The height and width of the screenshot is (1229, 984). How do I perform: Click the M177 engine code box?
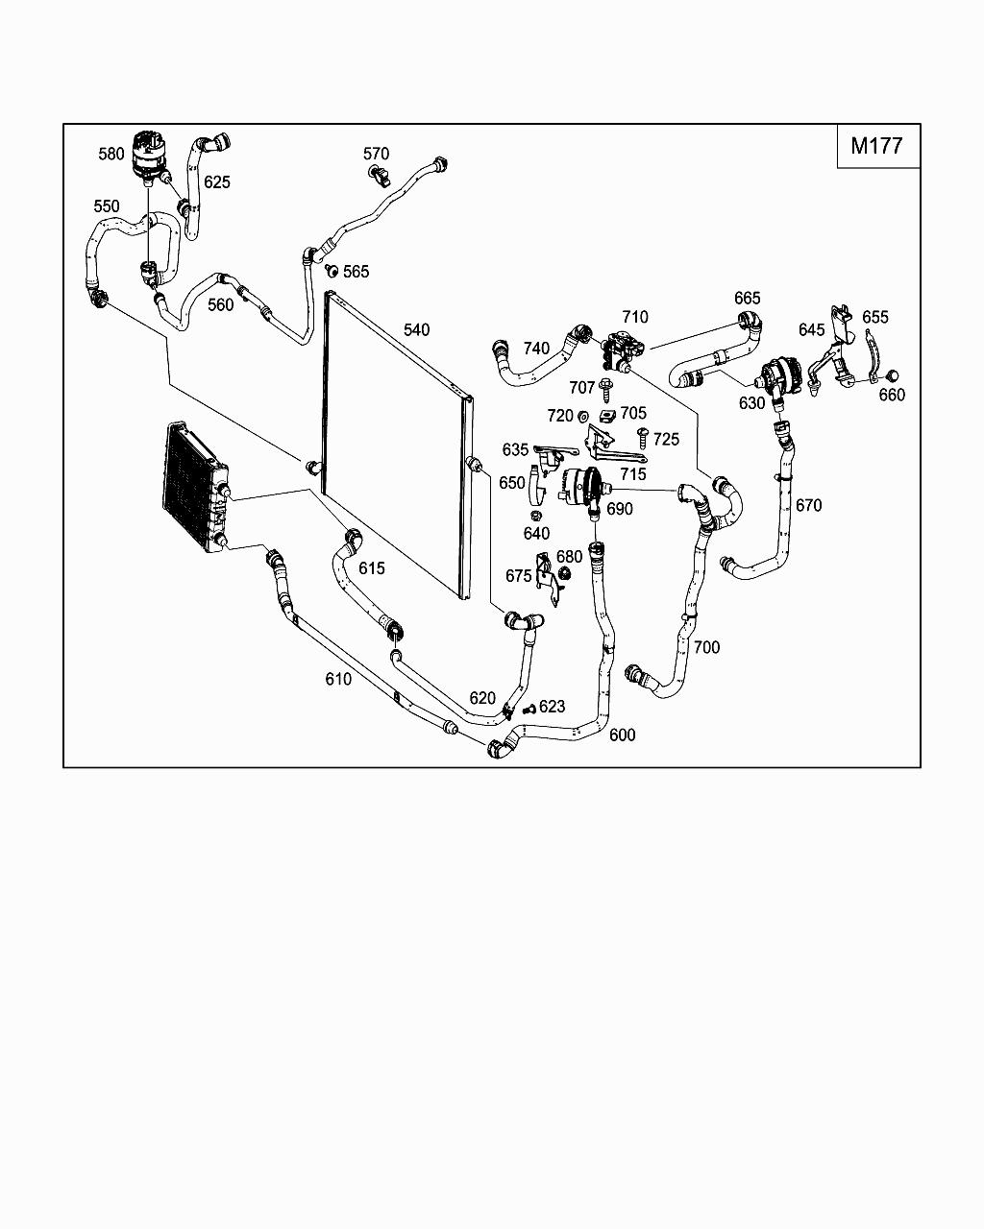(x=877, y=146)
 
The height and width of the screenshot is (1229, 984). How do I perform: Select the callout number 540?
(x=416, y=330)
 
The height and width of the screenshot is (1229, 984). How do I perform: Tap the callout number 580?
(x=111, y=154)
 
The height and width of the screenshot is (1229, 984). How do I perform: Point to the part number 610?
(x=338, y=679)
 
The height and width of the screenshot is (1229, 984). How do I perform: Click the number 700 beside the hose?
(x=706, y=647)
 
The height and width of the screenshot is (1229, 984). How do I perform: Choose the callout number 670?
(x=809, y=505)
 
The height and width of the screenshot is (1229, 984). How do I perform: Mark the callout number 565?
(x=356, y=272)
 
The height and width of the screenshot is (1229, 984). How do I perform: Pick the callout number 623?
(x=552, y=707)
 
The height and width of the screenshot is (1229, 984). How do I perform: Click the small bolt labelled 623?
(x=528, y=710)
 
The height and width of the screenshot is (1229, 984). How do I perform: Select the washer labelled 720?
(x=582, y=416)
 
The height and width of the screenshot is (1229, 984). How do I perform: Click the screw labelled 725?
(x=643, y=437)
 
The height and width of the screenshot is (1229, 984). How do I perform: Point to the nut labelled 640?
(x=536, y=515)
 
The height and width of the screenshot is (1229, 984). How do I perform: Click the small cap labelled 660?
(x=891, y=374)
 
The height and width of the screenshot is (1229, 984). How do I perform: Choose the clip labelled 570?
(x=381, y=175)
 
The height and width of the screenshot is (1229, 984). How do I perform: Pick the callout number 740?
(x=536, y=349)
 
